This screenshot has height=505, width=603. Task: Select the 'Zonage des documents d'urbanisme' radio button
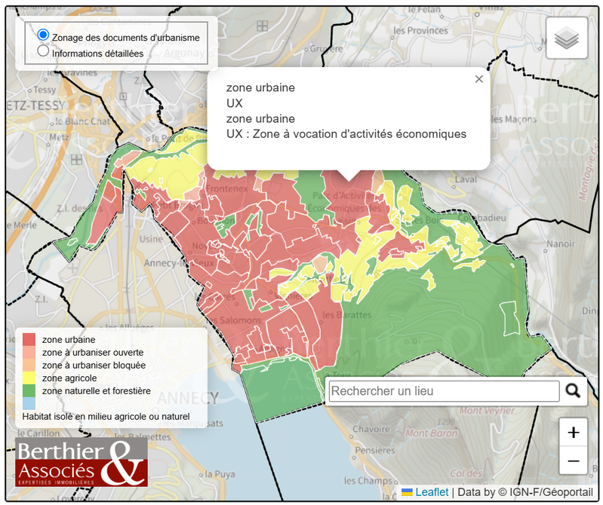pos(43,35)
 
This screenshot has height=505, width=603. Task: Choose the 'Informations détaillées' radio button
pos(43,52)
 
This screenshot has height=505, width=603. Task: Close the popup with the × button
pos(478,79)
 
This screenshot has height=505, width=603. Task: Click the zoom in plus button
pos(573,433)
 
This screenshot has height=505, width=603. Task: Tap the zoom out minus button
pos(573,461)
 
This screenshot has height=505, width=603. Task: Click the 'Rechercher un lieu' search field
pos(444,391)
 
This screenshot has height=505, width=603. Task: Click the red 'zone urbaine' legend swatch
pos(29,340)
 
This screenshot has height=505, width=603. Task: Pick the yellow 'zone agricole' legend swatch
pos(29,378)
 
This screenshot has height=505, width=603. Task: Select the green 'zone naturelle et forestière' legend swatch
pos(29,391)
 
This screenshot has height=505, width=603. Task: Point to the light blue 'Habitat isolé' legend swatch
pos(29,404)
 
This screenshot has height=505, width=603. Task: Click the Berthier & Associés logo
pos(82,461)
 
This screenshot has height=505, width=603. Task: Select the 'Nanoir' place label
pos(561,243)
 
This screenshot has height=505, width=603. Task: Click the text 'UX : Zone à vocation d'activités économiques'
pos(346,134)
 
